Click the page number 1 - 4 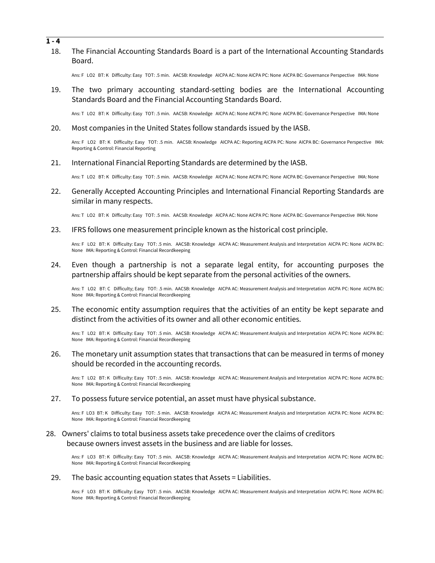(53, 41)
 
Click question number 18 (56, 51)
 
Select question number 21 (56, 163)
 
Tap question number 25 (56, 309)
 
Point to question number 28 (51, 434)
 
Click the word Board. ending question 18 (82, 61)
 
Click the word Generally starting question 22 (87, 191)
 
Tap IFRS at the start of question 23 (79, 230)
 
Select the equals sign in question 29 (234, 477)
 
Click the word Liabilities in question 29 (254, 477)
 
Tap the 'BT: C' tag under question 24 (105, 289)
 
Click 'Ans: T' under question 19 (77, 114)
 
